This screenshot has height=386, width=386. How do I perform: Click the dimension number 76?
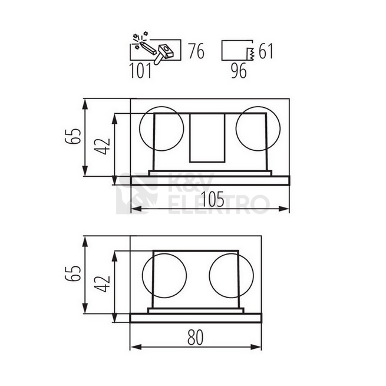196,51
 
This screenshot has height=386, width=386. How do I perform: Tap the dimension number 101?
140,71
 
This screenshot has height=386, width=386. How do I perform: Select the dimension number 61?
266,51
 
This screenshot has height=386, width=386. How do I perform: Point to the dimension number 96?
239,71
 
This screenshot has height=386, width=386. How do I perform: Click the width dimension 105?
213,199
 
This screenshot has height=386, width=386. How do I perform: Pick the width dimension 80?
196,337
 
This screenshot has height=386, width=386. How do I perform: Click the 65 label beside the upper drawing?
73,136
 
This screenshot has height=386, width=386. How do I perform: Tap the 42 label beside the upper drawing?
103,146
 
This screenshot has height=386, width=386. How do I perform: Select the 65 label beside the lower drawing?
73,273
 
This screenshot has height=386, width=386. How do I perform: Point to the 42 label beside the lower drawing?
103,283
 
